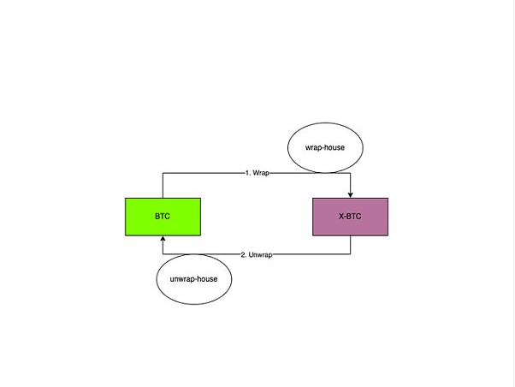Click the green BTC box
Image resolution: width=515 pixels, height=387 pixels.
(163, 217)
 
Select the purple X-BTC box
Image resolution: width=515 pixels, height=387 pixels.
(350, 217)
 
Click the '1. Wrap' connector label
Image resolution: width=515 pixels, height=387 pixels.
(257, 173)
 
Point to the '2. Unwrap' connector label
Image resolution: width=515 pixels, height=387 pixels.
(257, 255)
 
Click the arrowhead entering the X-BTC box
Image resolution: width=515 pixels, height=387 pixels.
(351, 195)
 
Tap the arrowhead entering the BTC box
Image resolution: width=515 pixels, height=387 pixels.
(163, 238)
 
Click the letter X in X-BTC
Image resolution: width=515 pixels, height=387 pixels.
(341, 217)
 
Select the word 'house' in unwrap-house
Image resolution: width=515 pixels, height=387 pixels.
(207, 279)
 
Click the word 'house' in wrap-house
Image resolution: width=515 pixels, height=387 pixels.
(334, 147)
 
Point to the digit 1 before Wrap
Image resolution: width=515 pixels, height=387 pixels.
(246, 173)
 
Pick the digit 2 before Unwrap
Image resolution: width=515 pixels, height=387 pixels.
(243, 255)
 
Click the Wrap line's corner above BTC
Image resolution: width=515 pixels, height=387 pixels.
(163, 173)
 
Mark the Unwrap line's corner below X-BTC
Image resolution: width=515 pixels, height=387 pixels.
(351, 254)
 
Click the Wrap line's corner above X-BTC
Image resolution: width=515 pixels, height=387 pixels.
(351, 173)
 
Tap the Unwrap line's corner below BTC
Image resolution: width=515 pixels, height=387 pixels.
(163, 254)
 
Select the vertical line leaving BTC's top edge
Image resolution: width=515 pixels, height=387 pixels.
(163, 186)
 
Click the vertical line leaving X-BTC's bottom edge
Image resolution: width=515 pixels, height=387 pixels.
(351, 245)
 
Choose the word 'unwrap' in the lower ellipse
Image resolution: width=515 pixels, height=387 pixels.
(182, 279)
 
